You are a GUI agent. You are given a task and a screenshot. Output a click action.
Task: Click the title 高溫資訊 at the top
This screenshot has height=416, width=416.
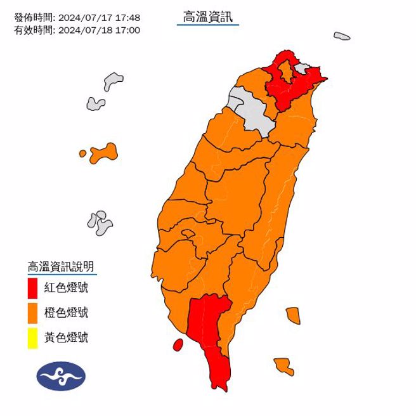207,18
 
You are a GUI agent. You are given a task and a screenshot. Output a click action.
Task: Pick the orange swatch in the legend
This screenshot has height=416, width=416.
33,313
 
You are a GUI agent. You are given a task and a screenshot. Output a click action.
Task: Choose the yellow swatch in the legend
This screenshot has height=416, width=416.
33,337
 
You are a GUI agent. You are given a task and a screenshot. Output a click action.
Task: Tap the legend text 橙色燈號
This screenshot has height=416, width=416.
66,313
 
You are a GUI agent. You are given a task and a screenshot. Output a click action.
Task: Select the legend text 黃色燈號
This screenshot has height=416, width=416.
66,337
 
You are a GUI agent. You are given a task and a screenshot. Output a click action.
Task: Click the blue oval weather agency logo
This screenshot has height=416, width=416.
60,375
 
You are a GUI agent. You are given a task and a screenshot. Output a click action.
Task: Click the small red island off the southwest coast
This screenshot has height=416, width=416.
178,344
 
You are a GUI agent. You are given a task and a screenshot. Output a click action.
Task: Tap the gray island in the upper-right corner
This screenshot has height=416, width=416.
342,36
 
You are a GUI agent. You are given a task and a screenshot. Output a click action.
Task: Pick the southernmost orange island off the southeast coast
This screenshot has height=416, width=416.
283,366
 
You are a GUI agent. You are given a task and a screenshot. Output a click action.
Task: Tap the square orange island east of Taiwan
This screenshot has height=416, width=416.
292,315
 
